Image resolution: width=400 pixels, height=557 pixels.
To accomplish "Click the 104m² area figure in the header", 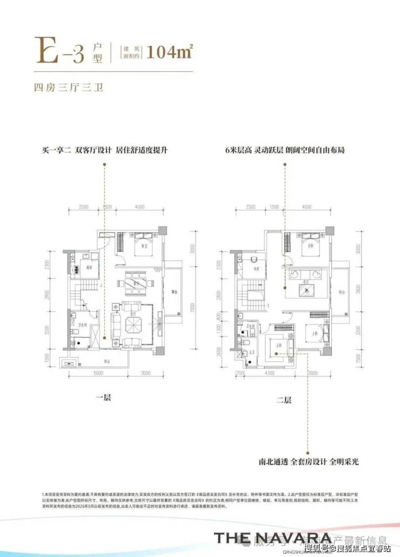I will (169, 52).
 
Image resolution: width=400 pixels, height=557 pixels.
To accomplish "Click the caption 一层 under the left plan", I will (103, 398).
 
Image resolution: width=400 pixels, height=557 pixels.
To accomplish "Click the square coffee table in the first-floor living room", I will (133, 325).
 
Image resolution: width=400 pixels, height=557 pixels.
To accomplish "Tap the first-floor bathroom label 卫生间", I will (79, 318).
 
